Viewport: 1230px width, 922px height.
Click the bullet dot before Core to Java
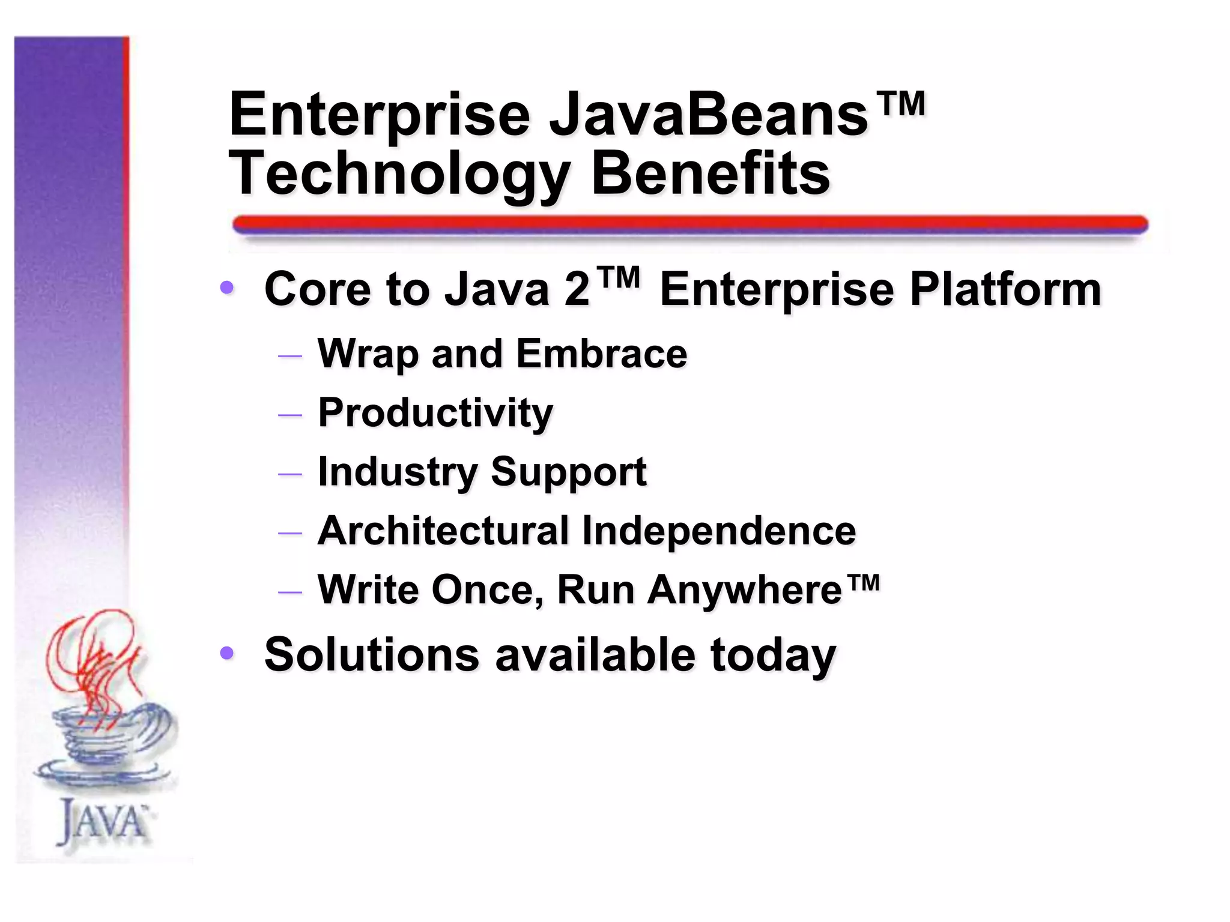[227, 288]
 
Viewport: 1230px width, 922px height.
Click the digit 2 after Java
[577, 290]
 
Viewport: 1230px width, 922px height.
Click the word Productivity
[435, 413]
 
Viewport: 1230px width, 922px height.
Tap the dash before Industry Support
[290, 474]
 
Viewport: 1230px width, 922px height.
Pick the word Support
[568, 472]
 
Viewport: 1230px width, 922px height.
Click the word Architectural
[443, 531]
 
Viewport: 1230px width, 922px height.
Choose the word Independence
[718, 531]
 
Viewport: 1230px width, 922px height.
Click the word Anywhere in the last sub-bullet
[745, 590]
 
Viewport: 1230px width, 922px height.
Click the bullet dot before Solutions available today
[227, 653]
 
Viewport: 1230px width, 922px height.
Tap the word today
[773, 655]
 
